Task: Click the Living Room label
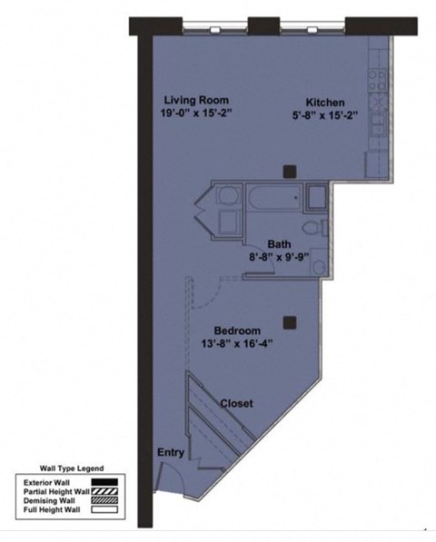pos(196,100)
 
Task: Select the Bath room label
pos(279,242)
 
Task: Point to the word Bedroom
pos(238,330)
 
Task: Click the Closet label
pos(235,403)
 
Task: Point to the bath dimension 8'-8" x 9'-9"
pos(278,256)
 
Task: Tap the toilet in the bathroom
pos(310,226)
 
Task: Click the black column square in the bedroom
pos(289,320)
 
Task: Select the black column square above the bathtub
pos(289,170)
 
